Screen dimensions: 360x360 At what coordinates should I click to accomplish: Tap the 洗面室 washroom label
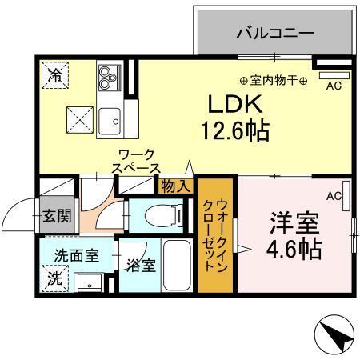click(x=76, y=256)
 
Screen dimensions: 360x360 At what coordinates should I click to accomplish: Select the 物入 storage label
click(x=175, y=186)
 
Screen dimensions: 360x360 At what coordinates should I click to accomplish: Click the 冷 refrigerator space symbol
click(x=56, y=76)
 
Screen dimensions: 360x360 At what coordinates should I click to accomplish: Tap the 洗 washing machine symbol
click(x=57, y=279)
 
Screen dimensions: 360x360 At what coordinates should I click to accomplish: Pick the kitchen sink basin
click(x=109, y=120)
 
